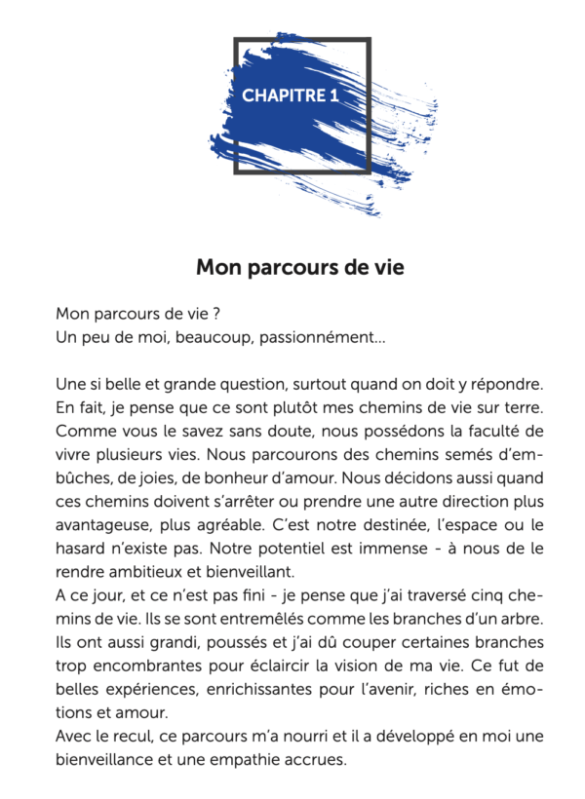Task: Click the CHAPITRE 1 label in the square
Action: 290,95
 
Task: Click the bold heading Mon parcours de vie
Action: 299,266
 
